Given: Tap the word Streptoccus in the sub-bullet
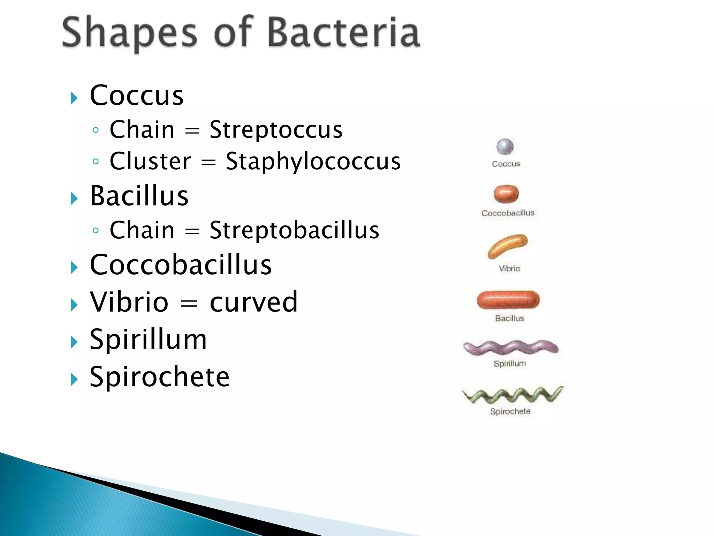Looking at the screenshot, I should click(276, 130).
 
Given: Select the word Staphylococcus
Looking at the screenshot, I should click(313, 161).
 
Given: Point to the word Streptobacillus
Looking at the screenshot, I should click(294, 230).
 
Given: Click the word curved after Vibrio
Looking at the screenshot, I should click(253, 302).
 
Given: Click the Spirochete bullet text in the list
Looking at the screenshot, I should click(159, 377).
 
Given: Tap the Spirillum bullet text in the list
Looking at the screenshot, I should click(148, 339).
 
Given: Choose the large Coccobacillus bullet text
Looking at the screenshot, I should click(181, 265).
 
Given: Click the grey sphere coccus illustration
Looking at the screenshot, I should click(505, 147).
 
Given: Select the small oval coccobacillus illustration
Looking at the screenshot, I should click(506, 194).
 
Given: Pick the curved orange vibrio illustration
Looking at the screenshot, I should click(507, 245).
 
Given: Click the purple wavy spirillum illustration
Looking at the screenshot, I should click(510, 348).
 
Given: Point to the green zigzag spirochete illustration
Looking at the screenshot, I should click(512, 395).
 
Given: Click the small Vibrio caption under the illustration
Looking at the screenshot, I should click(509, 269).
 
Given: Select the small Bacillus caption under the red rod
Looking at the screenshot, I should click(509, 318).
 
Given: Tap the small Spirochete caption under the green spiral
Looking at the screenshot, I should click(510, 411).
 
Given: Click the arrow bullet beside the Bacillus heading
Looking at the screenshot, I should click(74, 199).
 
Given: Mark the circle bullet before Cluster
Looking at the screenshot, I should click(96, 162).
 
